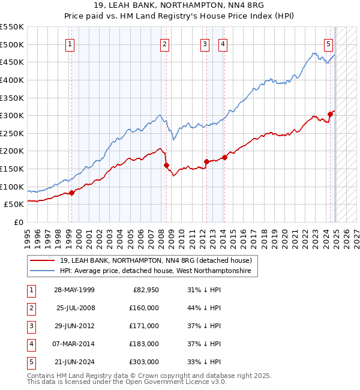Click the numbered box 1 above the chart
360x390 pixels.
point(71,44)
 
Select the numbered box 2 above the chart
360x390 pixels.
point(164,44)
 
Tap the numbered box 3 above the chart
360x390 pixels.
point(205,44)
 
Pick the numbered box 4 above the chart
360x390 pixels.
point(222,44)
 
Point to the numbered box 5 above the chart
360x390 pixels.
point(329,44)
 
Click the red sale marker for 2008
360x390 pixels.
point(166,165)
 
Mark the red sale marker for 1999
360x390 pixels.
point(71,193)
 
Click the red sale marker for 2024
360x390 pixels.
point(330,114)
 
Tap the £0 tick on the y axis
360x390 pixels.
point(19,222)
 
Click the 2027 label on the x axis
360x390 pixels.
point(355,234)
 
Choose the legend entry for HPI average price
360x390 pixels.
point(158,271)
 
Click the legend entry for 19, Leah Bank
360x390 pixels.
point(159,260)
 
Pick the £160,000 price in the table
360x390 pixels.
point(143,308)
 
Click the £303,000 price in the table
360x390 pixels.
point(143,362)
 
